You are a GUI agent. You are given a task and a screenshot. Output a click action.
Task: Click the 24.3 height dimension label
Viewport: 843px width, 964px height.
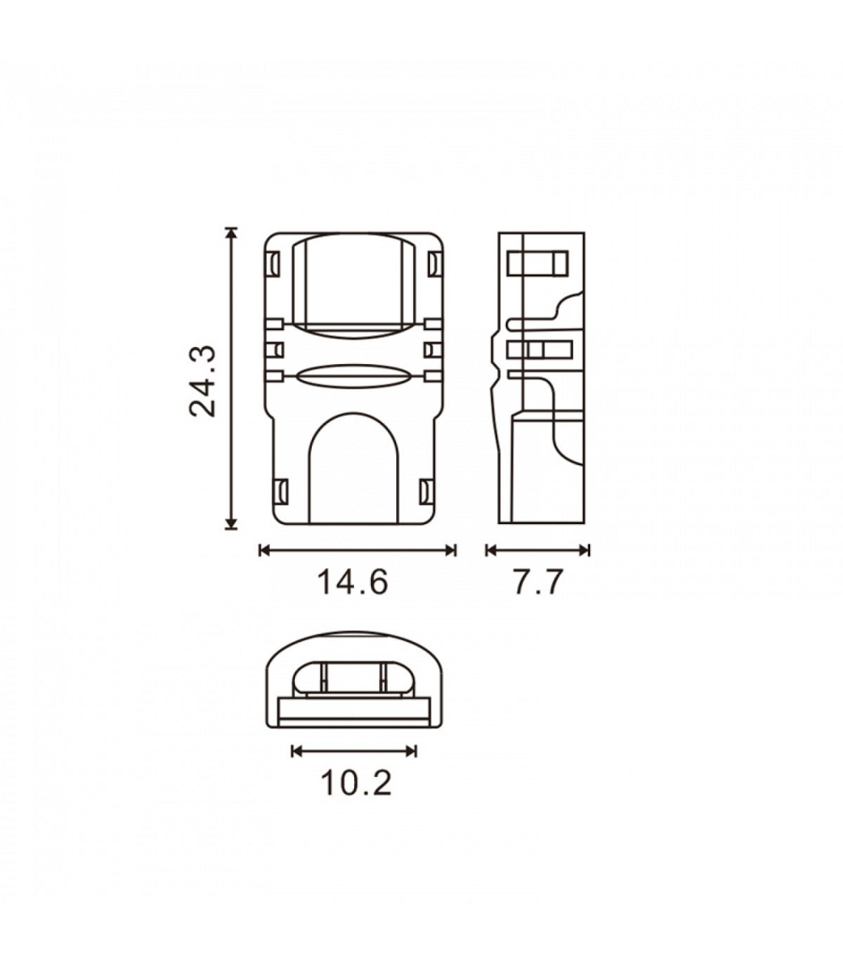(203, 381)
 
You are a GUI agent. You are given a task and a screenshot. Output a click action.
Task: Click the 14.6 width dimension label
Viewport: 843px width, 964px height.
(353, 582)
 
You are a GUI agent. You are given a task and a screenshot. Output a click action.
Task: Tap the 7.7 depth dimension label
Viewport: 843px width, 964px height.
(538, 582)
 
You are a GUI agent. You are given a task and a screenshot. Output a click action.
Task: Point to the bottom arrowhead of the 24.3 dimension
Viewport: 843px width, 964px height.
(230, 523)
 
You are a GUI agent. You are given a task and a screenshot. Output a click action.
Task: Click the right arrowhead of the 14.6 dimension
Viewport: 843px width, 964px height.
(450, 550)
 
